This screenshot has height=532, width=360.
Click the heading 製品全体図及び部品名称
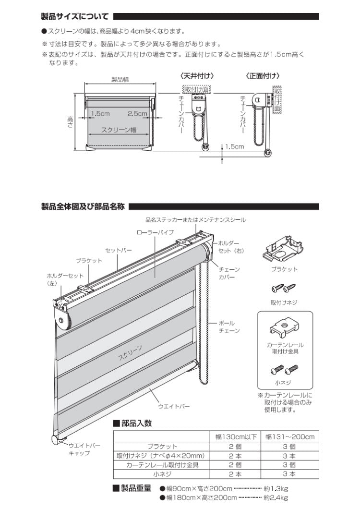coord(84,207)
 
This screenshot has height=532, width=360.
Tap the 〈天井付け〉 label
coord(197,76)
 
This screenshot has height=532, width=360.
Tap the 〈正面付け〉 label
coord(263,76)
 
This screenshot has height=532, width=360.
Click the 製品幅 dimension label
coord(120,79)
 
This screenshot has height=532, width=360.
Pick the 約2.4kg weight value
coord(276,498)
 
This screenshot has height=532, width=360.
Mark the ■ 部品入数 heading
coord(132,423)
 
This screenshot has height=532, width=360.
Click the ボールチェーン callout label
coord(229,327)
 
